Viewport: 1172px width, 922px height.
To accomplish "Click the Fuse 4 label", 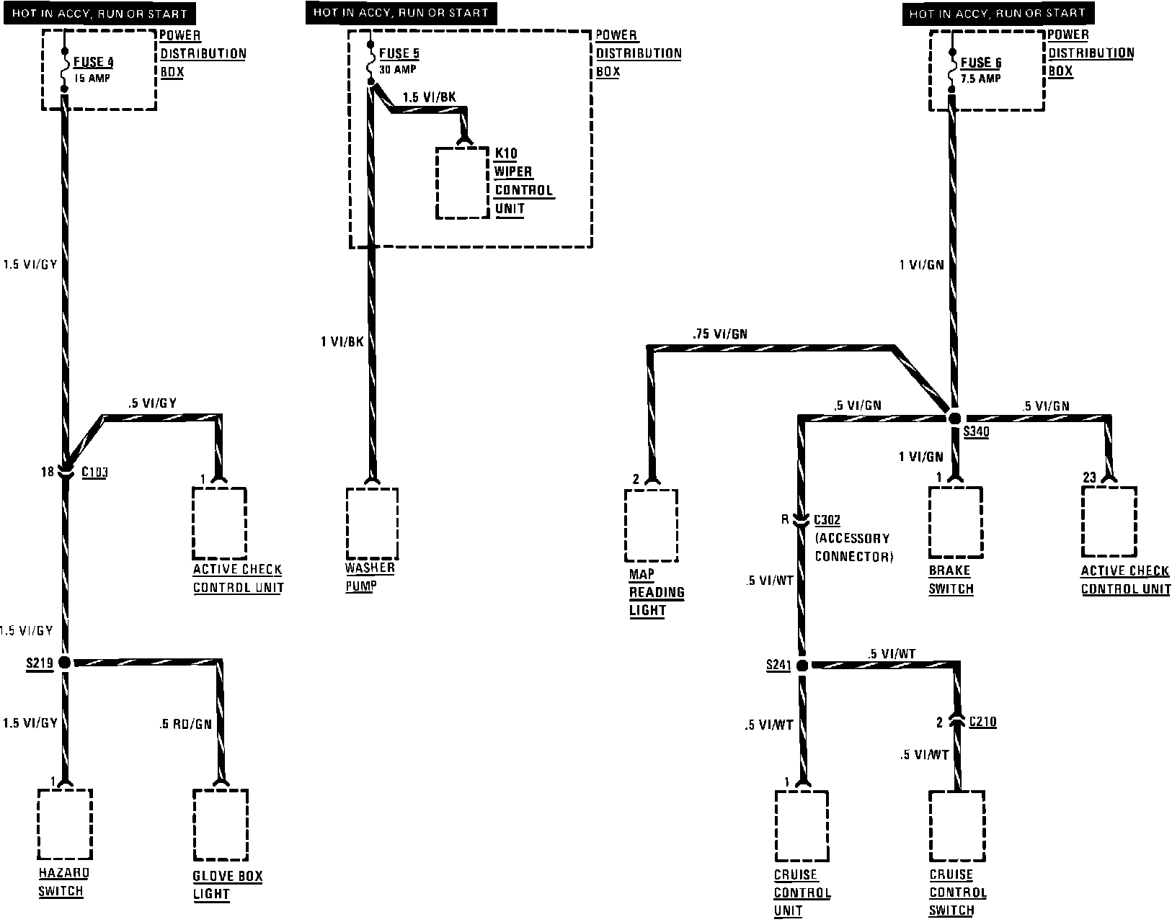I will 93,62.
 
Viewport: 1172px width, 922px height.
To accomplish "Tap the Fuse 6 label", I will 980,63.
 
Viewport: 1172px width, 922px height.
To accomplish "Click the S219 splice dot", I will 65,662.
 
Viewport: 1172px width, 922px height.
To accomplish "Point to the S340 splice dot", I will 954,418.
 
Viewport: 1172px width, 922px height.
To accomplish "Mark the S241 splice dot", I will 802,665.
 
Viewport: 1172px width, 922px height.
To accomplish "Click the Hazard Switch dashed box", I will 64,823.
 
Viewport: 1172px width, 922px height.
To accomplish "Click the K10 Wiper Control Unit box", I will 463,184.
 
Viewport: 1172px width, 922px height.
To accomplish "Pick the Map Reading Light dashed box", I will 651,525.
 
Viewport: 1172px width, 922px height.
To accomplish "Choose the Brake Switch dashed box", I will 956,523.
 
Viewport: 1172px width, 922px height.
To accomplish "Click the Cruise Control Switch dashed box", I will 956,826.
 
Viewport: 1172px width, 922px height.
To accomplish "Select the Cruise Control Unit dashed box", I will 802,826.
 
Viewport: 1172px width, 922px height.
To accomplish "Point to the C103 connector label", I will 94,473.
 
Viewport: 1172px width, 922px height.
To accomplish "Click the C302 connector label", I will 827,519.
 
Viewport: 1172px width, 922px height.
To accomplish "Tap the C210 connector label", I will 982,721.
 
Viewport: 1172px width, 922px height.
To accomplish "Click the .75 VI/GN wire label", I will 719,334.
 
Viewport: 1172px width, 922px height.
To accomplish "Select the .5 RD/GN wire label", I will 185,724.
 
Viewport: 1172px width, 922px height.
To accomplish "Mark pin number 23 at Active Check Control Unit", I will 1089,477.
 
